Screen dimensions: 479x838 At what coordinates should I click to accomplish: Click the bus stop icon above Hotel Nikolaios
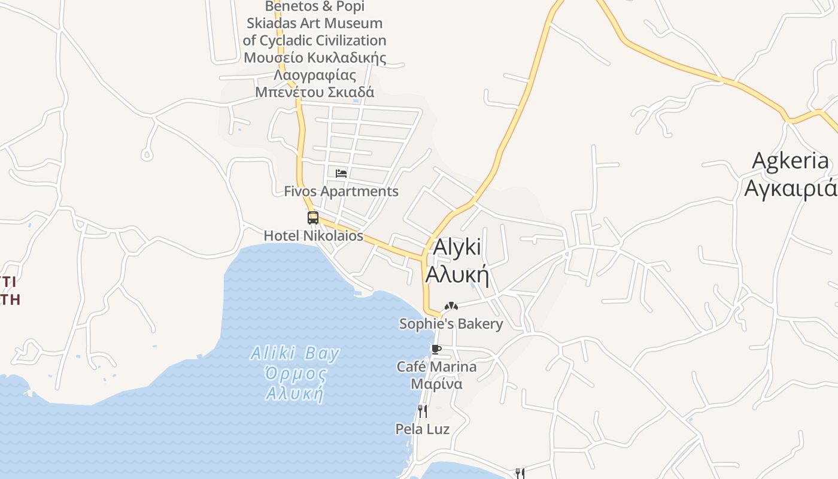pyautogui.click(x=313, y=218)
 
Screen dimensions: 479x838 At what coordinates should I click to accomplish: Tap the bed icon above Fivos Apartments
pyautogui.click(x=341, y=174)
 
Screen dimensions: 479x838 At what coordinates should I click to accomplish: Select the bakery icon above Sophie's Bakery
pyautogui.click(x=451, y=307)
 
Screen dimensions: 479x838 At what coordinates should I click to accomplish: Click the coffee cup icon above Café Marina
pyautogui.click(x=436, y=349)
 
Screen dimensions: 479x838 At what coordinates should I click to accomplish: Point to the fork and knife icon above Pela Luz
pyautogui.click(x=423, y=411)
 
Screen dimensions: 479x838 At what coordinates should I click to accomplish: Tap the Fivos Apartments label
pyautogui.click(x=341, y=192)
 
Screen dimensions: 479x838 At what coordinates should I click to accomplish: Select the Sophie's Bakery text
pyautogui.click(x=451, y=324)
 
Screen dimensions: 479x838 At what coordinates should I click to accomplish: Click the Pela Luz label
pyautogui.click(x=423, y=429)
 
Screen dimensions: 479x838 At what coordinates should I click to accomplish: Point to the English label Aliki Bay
pyautogui.click(x=295, y=353)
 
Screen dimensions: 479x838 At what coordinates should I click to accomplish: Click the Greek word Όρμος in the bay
pyautogui.click(x=296, y=375)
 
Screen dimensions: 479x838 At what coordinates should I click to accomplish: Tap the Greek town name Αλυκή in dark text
pyautogui.click(x=457, y=275)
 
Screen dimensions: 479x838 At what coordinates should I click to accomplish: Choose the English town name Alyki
pyautogui.click(x=457, y=247)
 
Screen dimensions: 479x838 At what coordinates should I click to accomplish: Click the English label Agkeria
pyautogui.click(x=791, y=161)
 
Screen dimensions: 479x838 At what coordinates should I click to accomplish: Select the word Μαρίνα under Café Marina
pyautogui.click(x=436, y=384)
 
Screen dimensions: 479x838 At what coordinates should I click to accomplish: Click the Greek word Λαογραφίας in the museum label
pyautogui.click(x=315, y=75)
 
